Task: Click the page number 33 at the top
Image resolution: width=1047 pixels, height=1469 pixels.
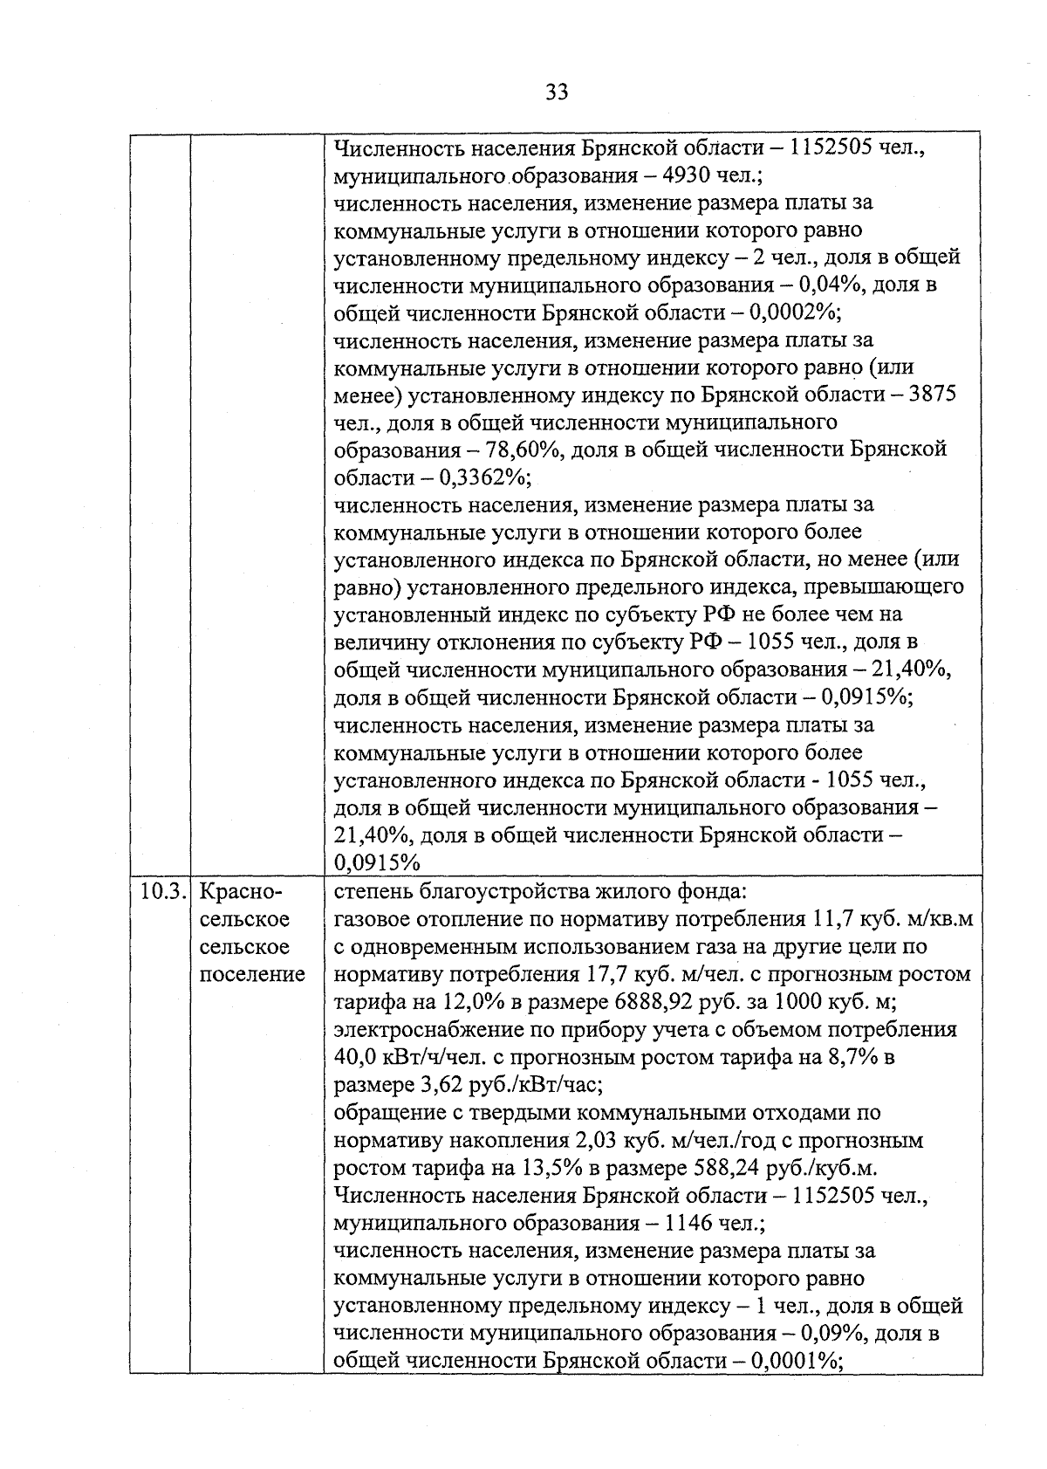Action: pos(557,92)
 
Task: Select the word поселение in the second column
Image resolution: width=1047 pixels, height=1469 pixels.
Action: pos(252,974)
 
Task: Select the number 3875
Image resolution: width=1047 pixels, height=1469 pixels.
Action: pos(932,395)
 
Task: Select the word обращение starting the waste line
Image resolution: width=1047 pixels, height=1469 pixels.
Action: pos(388,1113)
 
